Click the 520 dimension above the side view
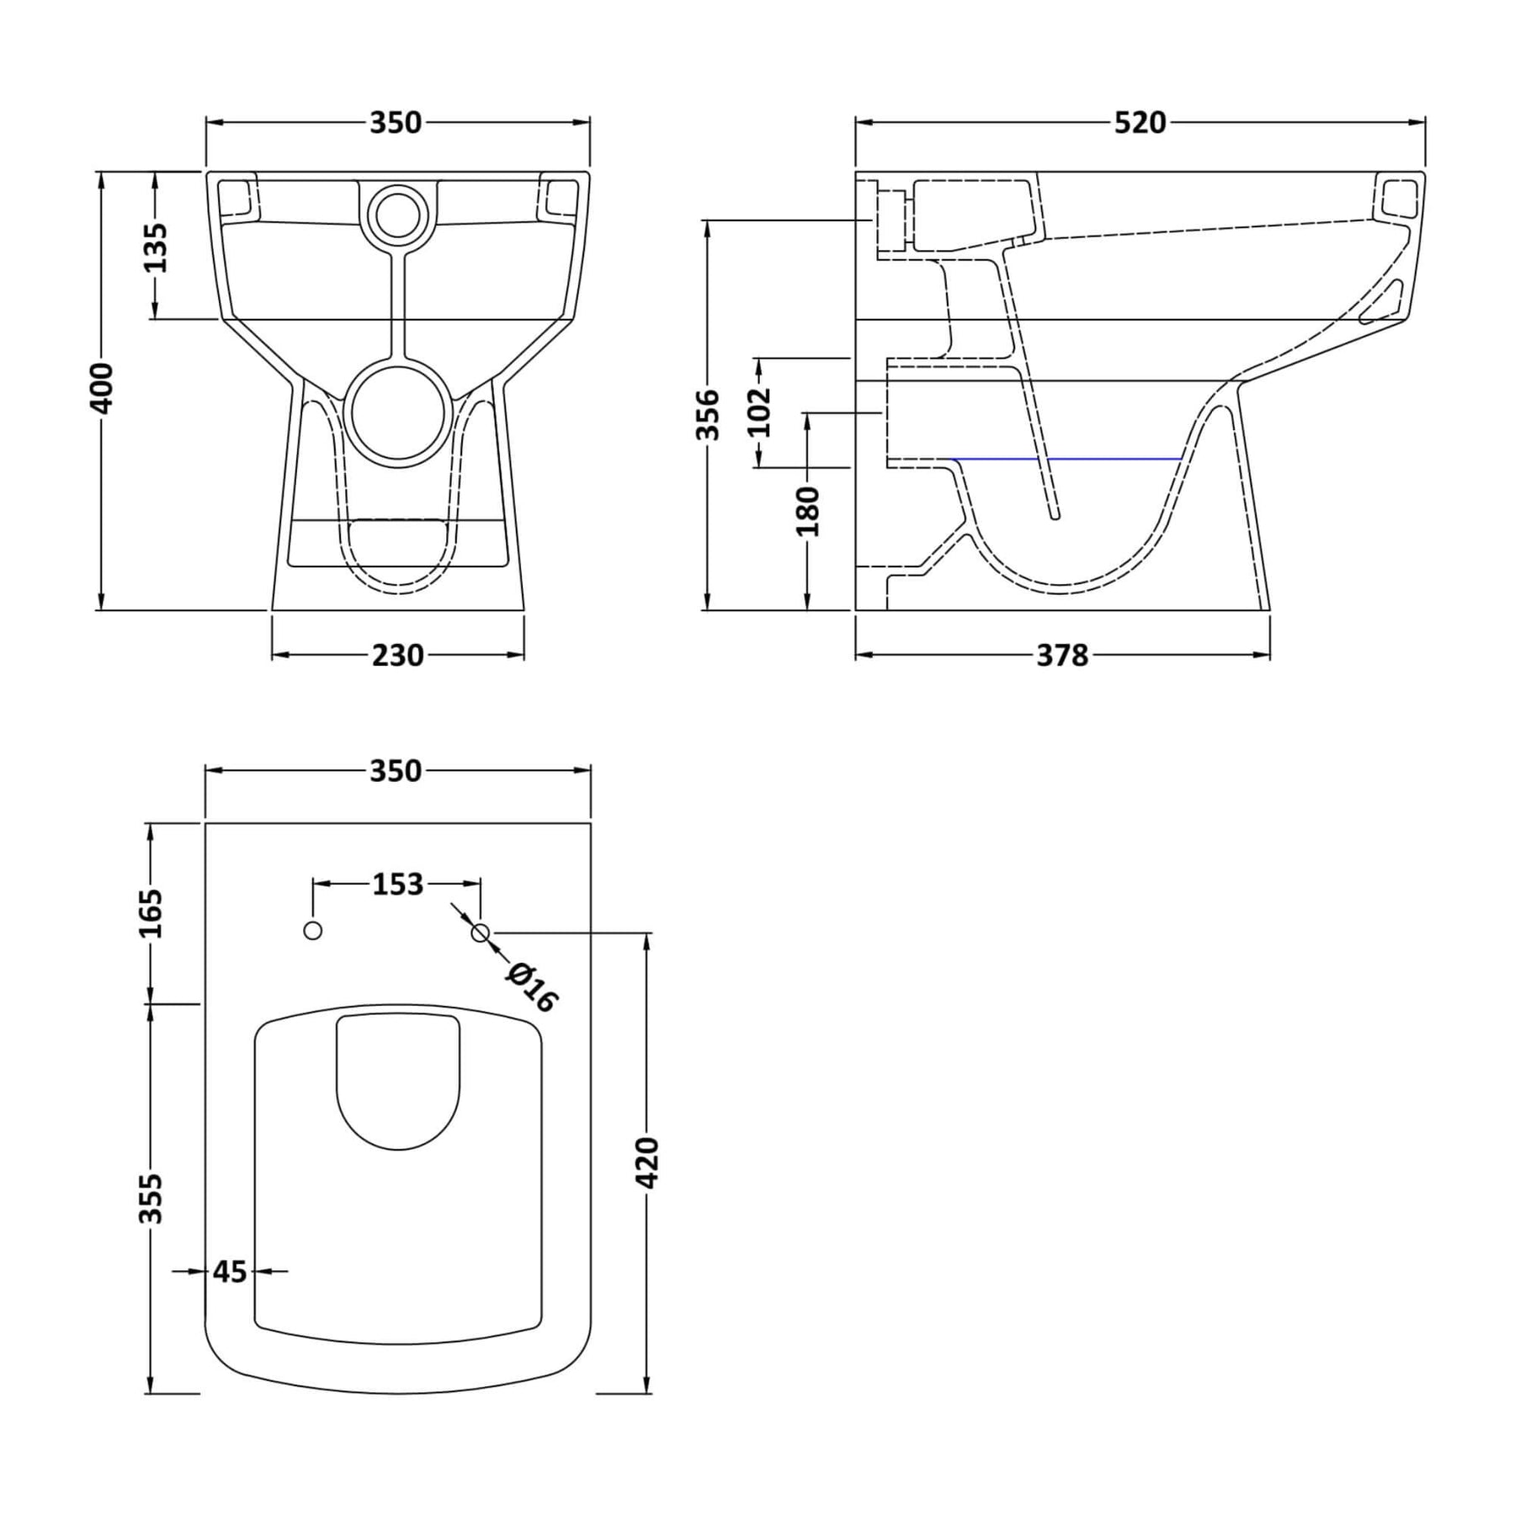(1140, 123)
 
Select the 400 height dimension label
(101, 388)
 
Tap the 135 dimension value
(155, 247)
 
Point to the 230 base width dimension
(398, 655)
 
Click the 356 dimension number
(710, 414)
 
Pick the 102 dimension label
(759, 412)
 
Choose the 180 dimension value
(808, 511)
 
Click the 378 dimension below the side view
(1062, 655)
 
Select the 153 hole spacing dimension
(397, 884)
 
